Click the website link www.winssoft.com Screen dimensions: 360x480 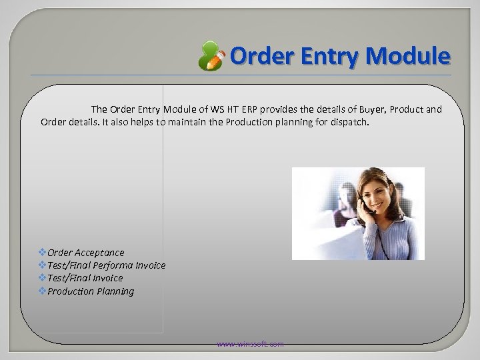(250, 344)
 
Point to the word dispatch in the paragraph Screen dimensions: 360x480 (349, 123)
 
